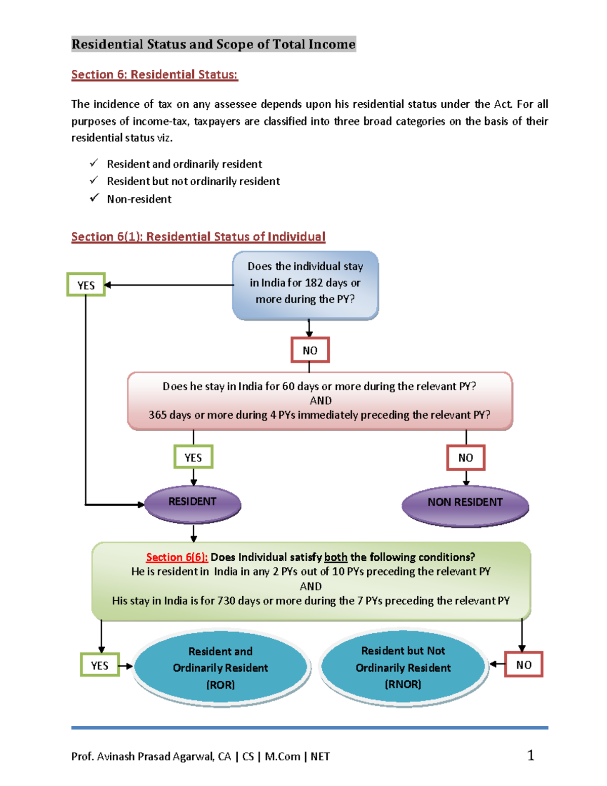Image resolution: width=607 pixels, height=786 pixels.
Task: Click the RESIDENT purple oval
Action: tap(192, 503)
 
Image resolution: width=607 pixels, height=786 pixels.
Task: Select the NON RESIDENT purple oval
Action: tap(465, 504)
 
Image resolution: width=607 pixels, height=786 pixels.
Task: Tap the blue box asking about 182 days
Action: tap(305, 284)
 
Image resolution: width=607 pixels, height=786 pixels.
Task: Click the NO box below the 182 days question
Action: tap(310, 350)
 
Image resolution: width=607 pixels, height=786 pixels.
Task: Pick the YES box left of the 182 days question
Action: tap(86, 285)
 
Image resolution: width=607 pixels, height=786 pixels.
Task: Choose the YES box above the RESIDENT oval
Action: tap(193, 457)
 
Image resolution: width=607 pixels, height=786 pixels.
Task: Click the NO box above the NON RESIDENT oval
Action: tap(465, 458)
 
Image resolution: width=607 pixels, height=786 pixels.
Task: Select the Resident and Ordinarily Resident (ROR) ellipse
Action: tap(221, 668)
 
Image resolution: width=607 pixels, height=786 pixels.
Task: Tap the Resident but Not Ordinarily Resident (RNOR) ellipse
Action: tap(403, 667)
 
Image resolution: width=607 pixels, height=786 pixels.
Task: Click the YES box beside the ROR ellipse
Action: tap(100, 665)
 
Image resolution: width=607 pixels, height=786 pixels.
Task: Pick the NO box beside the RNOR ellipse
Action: tap(524, 665)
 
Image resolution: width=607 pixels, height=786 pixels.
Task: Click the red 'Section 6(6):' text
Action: tap(177, 557)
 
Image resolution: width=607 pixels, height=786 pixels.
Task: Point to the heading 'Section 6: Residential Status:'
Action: tap(154, 74)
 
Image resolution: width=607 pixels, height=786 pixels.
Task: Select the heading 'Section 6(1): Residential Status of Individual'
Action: tap(198, 236)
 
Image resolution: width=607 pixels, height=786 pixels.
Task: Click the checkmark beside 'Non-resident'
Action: tap(94, 198)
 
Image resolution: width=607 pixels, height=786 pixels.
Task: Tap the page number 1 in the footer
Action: tap(531, 756)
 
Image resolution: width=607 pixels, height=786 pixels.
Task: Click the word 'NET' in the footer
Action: tap(320, 757)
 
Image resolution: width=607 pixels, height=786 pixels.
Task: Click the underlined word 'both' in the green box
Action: tap(335, 557)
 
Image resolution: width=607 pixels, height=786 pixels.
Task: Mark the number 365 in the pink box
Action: tap(157, 415)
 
